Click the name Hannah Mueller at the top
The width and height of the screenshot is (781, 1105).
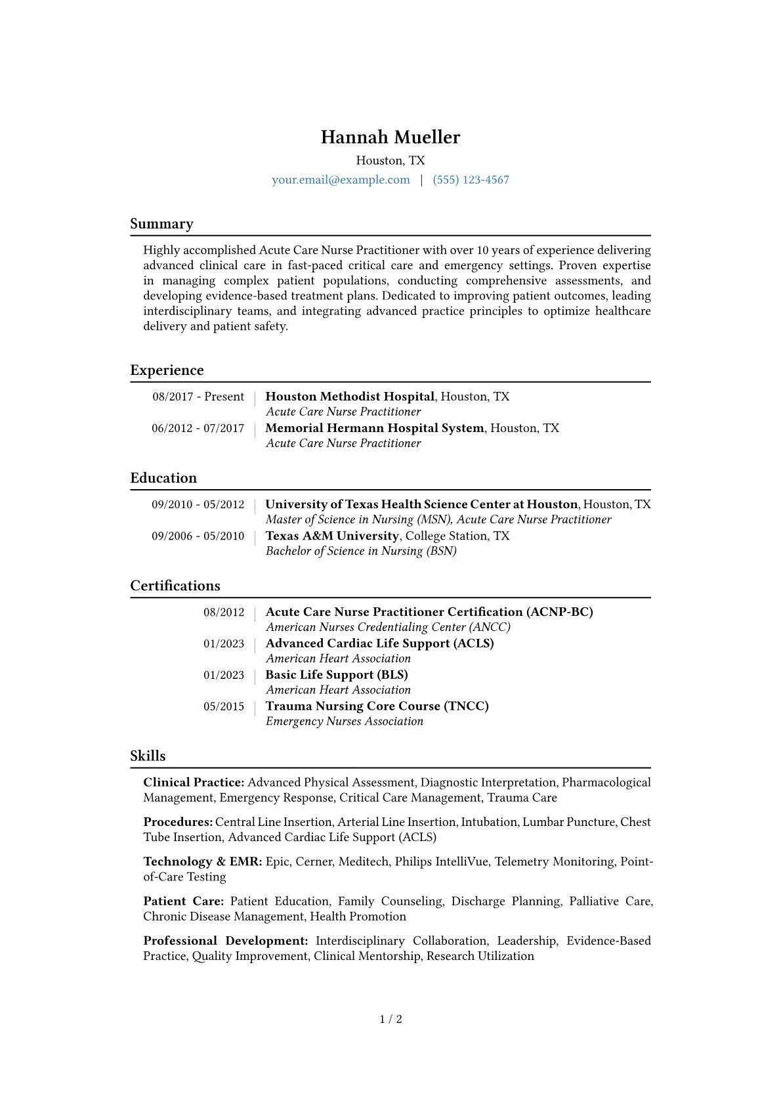click(390, 137)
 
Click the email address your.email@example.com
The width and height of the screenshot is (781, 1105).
click(341, 180)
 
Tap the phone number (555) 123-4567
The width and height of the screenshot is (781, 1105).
click(471, 180)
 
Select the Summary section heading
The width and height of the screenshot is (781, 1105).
click(161, 224)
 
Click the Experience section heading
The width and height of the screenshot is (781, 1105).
click(167, 370)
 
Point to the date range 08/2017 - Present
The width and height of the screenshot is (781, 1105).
click(198, 397)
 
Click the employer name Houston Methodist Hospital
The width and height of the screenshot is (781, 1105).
click(350, 397)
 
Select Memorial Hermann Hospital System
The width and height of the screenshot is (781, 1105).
click(374, 428)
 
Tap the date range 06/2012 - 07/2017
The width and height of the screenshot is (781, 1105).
click(198, 428)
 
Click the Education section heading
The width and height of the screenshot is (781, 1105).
click(163, 478)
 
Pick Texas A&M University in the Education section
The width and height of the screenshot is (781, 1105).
click(332, 536)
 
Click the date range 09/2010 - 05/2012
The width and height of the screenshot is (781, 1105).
click(198, 504)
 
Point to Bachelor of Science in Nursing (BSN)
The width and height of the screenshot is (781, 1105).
click(361, 551)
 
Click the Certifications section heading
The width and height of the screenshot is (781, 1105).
click(175, 586)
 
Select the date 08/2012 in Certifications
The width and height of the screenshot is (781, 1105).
click(224, 612)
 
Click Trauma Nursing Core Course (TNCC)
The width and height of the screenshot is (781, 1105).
click(377, 706)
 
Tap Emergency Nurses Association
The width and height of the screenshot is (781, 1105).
click(345, 721)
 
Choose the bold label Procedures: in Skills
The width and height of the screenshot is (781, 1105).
click(178, 822)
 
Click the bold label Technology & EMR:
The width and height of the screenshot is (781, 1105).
click(203, 861)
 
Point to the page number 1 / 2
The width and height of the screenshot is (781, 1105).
click(390, 1019)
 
